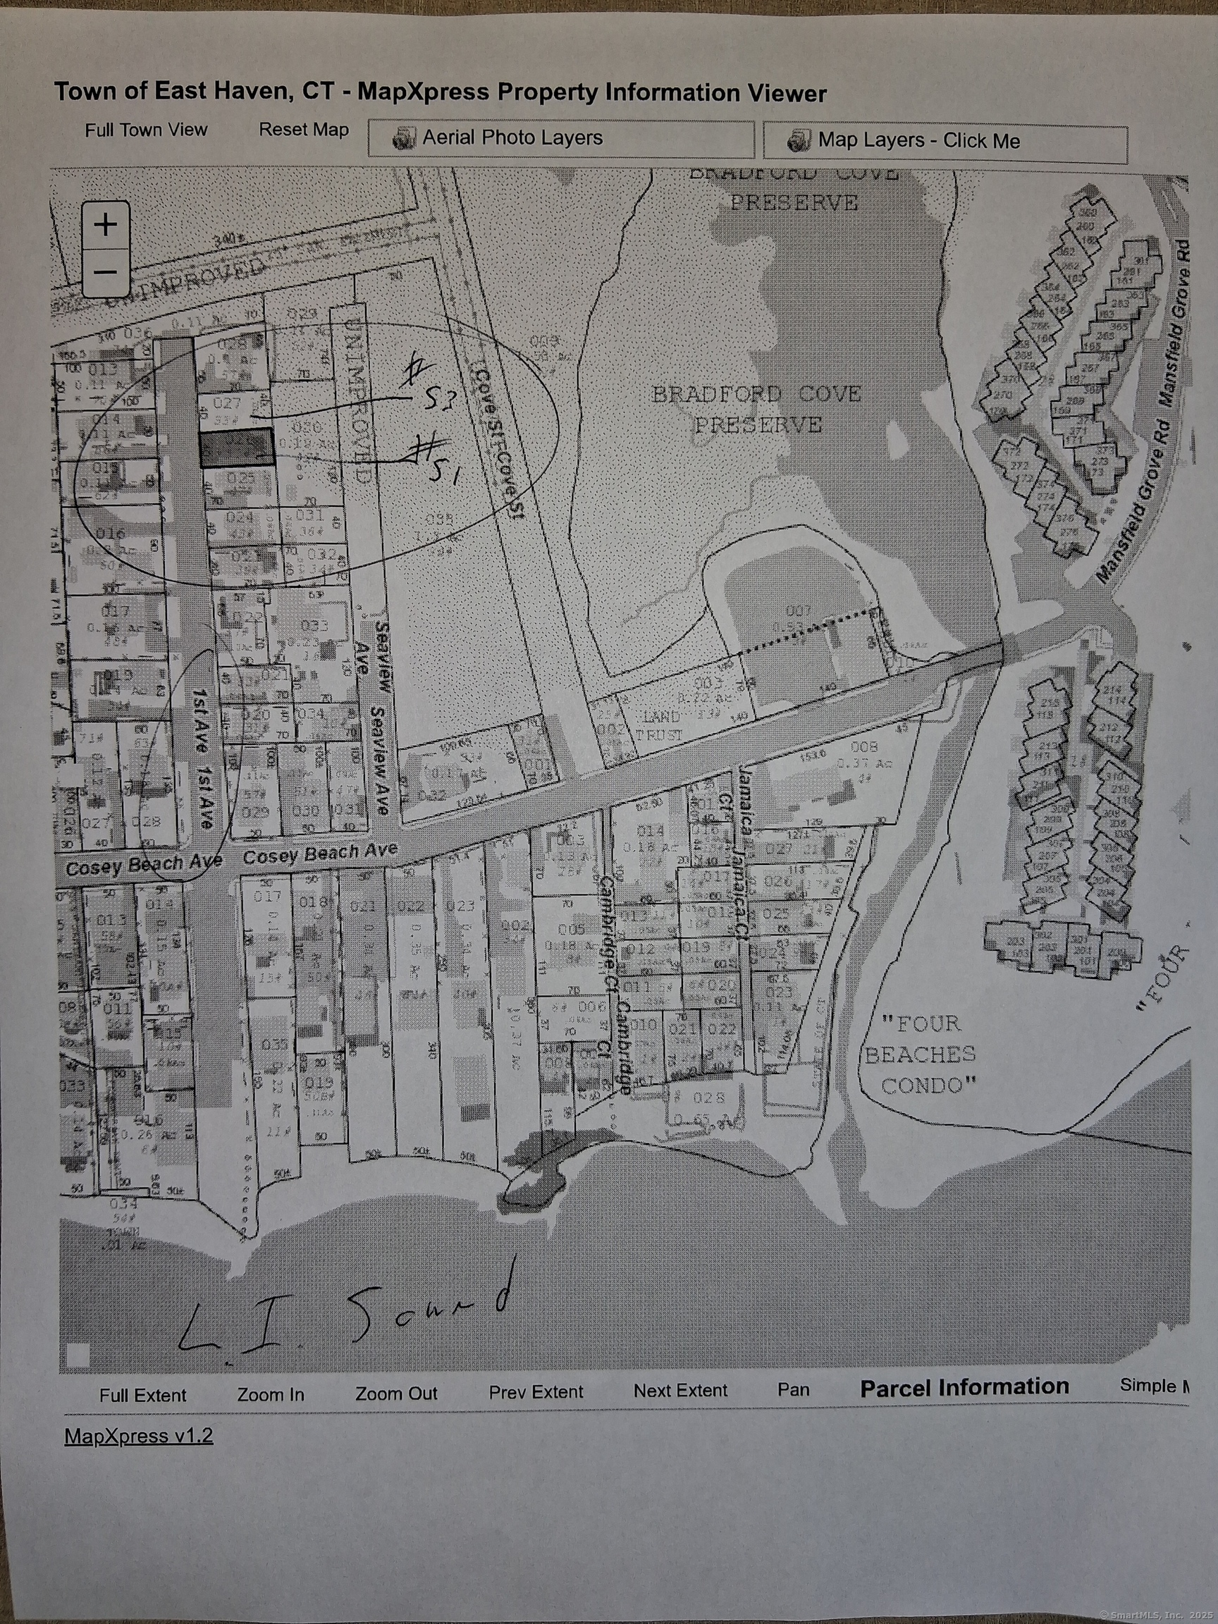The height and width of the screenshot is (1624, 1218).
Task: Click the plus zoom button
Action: pos(106,225)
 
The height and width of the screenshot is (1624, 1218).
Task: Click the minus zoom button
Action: pos(106,272)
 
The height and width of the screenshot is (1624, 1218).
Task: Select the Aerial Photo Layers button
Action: pos(561,139)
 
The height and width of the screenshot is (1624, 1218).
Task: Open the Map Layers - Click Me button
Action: pos(945,142)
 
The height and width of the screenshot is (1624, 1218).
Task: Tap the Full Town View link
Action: pos(146,130)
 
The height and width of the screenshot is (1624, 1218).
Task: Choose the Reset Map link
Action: pos(303,130)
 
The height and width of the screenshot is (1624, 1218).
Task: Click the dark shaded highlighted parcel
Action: pos(236,448)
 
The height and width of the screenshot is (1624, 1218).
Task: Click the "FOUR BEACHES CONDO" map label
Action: pos(921,1054)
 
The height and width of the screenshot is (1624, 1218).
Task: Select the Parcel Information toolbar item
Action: pos(964,1387)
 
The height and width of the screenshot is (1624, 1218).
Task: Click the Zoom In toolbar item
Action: pos(270,1394)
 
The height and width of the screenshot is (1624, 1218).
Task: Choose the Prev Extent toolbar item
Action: pos(536,1392)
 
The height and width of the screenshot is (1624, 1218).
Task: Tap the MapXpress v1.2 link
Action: pos(139,1435)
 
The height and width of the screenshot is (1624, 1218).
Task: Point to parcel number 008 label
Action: pos(863,747)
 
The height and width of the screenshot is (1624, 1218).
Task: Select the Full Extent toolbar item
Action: pos(143,1395)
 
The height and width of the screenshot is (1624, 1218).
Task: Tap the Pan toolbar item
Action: pos(794,1389)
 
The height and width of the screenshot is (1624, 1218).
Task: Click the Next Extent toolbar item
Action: pos(680,1391)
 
